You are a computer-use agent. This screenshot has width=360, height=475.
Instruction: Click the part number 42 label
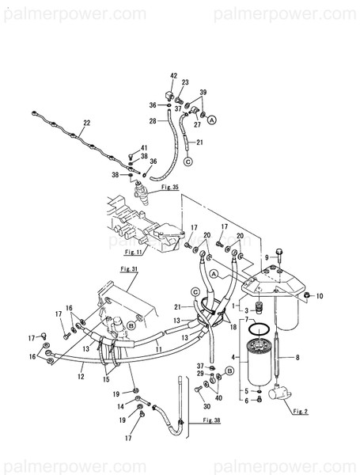[x=173, y=75]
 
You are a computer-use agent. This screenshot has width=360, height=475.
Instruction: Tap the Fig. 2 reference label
[x=298, y=412]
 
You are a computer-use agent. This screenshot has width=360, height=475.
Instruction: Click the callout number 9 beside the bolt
[x=268, y=257]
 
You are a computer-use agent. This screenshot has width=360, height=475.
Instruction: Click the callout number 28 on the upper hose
[x=152, y=120]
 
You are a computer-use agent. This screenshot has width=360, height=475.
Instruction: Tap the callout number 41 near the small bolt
[x=144, y=148]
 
